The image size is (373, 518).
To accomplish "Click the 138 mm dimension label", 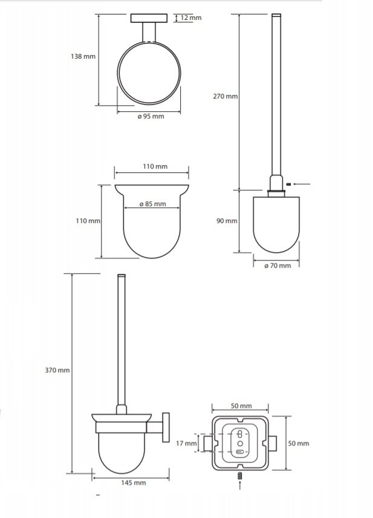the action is [x=83, y=56].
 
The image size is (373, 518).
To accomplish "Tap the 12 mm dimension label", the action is [x=191, y=18].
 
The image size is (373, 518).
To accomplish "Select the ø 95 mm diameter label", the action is [x=151, y=116].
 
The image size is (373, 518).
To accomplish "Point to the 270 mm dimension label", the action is [x=225, y=96].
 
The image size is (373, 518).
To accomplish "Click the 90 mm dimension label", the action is [x=227, y=221].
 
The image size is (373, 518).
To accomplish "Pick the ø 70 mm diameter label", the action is [x=277, y=265].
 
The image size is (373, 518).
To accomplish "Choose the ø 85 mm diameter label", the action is [x=152, y=204].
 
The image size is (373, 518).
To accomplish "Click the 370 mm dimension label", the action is [x=57, y=371].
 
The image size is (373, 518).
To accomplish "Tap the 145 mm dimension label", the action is [x=134, y=483].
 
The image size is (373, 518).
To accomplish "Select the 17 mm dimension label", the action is [x=186, y=443].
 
